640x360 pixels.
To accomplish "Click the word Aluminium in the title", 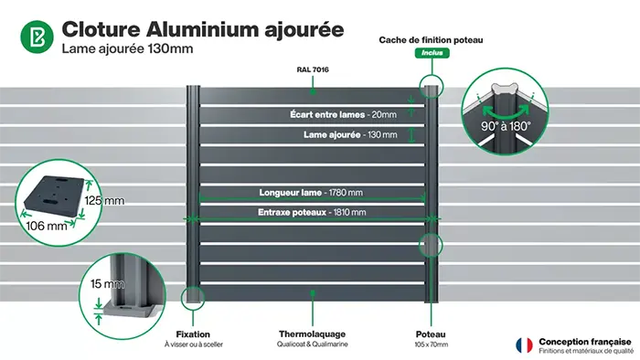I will (x=204, y=28).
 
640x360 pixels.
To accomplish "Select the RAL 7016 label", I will (x=313, y=69).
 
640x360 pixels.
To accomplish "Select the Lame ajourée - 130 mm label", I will (x=350, y=134).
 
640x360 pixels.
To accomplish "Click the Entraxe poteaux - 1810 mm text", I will (x=312, y=213).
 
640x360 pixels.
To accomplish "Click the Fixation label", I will (x=192, y=334).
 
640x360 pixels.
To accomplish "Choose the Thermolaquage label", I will (x=310, y=334).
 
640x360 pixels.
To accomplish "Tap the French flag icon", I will (x=525, y=344).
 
